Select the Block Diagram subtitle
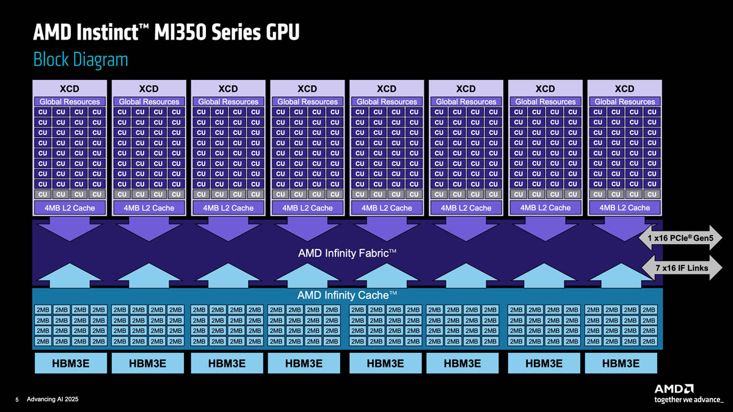80,60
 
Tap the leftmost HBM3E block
69,364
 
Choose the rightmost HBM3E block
621,364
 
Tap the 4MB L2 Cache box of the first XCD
69,208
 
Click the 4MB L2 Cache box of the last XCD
624,208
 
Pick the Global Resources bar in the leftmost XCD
70,101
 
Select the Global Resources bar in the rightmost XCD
624,101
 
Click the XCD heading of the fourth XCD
307,89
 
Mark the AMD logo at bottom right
674,388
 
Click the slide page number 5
17,400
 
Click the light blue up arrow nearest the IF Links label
620,276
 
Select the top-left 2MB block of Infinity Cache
43,309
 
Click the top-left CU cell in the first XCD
43,112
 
